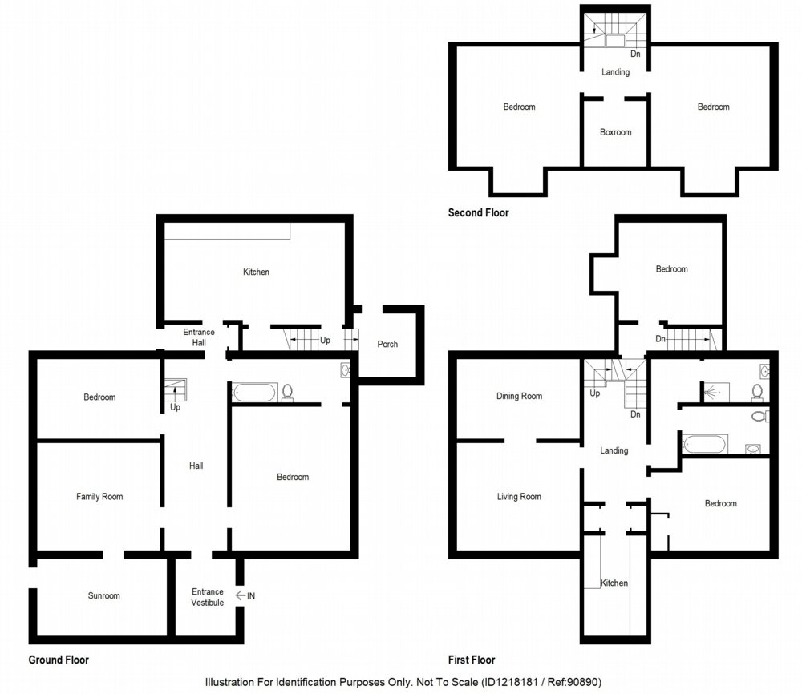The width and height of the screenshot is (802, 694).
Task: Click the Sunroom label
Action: point(103,595)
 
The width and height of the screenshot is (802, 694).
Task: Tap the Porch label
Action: point(387,344)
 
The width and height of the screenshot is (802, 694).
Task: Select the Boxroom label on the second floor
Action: point(615,132)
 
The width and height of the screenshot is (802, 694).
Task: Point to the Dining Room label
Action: point(519,396)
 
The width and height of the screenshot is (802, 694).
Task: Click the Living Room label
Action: point(519,496)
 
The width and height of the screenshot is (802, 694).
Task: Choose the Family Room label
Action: point(99,496)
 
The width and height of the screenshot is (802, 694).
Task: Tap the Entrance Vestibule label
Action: point(208,597)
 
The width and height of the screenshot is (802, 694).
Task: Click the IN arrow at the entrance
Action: point(241,595)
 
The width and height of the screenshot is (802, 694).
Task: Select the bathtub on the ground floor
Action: point(255,393)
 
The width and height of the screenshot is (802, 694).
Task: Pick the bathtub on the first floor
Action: point(705,444)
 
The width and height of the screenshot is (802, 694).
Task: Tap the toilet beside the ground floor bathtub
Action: point(287,393)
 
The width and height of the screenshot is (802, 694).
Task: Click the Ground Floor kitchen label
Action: point(256,272)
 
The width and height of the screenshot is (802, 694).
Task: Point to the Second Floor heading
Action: point(478,212)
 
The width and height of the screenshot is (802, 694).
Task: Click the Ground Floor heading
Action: point(59,660)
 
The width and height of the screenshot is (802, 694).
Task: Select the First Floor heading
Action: point(472,660)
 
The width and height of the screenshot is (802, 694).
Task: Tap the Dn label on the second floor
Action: point(635,54)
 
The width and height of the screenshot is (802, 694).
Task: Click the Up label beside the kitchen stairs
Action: point(325,340)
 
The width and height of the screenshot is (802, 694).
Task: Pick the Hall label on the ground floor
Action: point(196,466)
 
